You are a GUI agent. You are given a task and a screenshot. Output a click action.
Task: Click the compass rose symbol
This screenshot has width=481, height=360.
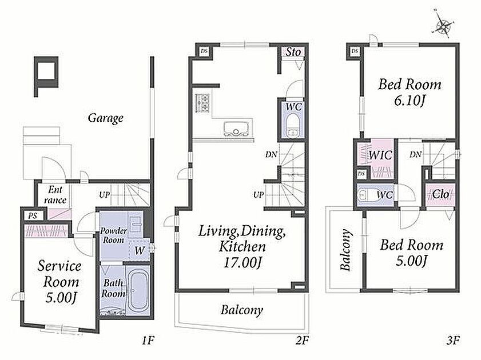pos(442,25)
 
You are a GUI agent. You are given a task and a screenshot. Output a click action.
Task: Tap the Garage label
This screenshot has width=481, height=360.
pos(106,118)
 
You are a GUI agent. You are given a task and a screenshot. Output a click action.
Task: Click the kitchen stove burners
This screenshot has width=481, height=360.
pos(202,103)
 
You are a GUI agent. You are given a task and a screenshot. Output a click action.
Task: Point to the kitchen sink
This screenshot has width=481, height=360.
pos(236,128)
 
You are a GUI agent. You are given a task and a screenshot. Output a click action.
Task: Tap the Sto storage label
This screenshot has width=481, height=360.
pos(293,52)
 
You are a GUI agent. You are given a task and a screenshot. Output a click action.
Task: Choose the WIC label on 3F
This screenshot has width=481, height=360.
pos(380,155)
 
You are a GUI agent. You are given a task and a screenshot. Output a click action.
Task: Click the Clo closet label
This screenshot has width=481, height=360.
pos(440,194)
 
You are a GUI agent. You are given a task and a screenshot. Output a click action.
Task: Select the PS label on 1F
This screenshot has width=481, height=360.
pos(33,215)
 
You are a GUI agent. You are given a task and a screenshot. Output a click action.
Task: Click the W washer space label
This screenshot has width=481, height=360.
pos(140,251)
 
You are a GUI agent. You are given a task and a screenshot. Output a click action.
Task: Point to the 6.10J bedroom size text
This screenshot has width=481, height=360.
pos(409,101)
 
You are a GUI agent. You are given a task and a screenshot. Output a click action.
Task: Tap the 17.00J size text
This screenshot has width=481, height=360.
pos(243,263)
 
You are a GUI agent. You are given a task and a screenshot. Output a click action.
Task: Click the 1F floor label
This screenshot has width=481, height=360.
pos(148,341)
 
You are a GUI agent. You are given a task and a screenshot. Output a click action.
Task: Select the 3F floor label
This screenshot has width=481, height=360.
pos(452,341)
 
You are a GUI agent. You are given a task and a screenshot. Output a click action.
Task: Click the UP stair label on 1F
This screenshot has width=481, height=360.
pos(105,195)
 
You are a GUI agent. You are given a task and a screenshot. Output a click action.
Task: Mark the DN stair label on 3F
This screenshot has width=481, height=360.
pos(415,155)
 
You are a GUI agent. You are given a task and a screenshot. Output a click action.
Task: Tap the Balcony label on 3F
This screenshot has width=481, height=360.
pos(345,250)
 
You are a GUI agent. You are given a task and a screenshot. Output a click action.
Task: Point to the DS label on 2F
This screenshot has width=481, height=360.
pos(204,51)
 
